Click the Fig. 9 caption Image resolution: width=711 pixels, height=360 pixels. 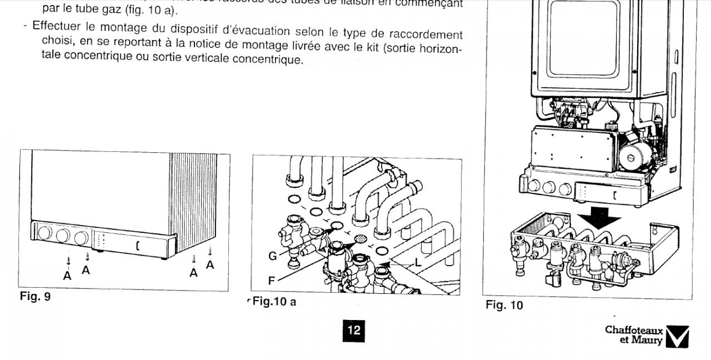pos(35,297)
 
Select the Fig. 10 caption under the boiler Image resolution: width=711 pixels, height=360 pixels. pos(504,305)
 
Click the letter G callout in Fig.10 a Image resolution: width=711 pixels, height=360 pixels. pos(273,256)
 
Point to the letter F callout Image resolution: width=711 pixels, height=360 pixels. pos(272,281)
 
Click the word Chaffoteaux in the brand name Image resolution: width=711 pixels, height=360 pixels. pos(634,331)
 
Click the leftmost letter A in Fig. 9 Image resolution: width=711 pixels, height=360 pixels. pos(67,276)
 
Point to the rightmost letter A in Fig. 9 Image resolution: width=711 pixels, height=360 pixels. pos(210,265)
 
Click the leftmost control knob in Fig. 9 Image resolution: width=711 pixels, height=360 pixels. pos(46,233)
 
